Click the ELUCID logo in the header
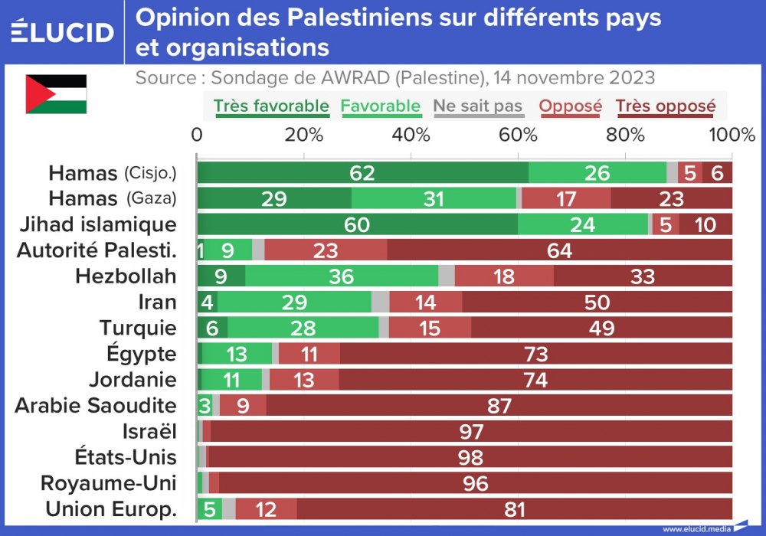tap(63, 31)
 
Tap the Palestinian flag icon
tap(56, 93)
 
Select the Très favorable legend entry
tap(271, 106)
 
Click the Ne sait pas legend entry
tap(478, 106)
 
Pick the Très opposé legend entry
tap(665, 106)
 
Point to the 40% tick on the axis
tap(411, 135)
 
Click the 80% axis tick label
tap(626, 135)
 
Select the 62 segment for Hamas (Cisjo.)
tap(362, 173)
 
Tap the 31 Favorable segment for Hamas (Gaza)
tap(434, 199)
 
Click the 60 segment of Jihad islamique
tap(357, 224)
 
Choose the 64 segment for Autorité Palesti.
tap(559, 250)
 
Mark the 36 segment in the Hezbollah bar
tap(342, 276)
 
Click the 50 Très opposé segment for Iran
tap(597, 302)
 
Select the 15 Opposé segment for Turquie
tap(430, 328)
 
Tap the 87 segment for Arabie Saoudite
tap(499, 406)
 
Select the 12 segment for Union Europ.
tap(266, 509)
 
